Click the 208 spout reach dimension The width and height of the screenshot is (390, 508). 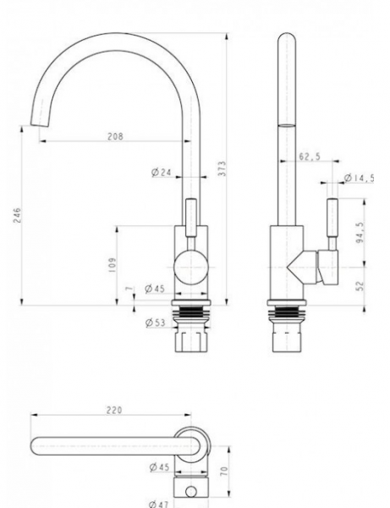pyautogui.click(x=116, y=136)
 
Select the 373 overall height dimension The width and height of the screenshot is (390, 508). pyautogui.click(x=222, y=168)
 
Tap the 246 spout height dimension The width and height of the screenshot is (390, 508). pyautogui.click(x=17, y=215)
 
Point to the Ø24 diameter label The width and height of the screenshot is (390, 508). pyautogui.click(x=162, y=173)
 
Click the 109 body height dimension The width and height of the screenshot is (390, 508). pyautogui.click(x=113, y=265)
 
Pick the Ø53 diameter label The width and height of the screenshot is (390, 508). pyautogui.click(x=156, y=323)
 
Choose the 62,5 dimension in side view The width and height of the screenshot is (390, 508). pyautogui.click(x=310, y=157)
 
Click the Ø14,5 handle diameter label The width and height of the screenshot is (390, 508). pyautogui.click(x=360, y=178)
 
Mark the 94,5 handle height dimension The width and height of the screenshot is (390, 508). pyautogui.click(x=360, y=233)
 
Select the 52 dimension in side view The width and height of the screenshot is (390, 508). pyautogui.click(x=360, y=286)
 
